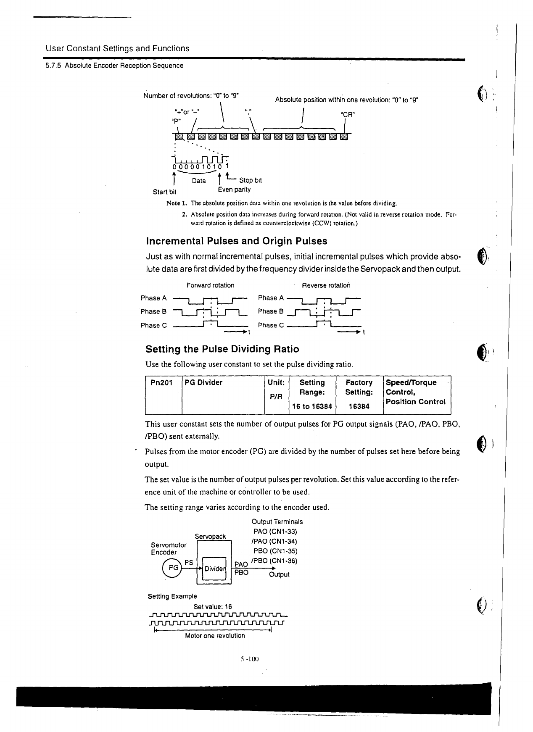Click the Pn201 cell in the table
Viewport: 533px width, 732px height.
[x=158, y=382]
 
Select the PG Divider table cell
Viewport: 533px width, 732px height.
[x=203, y=382]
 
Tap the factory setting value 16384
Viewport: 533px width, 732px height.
[x=359, y=406]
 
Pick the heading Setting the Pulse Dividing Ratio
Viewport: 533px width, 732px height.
[x=222, y=349]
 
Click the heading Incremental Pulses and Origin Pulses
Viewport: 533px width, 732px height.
[x=236, y=241]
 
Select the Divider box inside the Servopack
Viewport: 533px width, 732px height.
[x=214, y=569]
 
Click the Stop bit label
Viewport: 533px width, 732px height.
[x=250, y=180]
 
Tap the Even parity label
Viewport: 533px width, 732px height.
[x=234, y=190]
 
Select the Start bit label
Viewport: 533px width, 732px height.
[x=164, y=192]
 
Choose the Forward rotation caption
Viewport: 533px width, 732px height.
[x=210, y=285]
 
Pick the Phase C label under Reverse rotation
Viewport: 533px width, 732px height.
[x=271, y=325]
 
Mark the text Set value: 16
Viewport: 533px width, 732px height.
[x=212, y=606]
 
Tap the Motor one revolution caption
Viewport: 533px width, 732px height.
[x=215, y=636]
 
